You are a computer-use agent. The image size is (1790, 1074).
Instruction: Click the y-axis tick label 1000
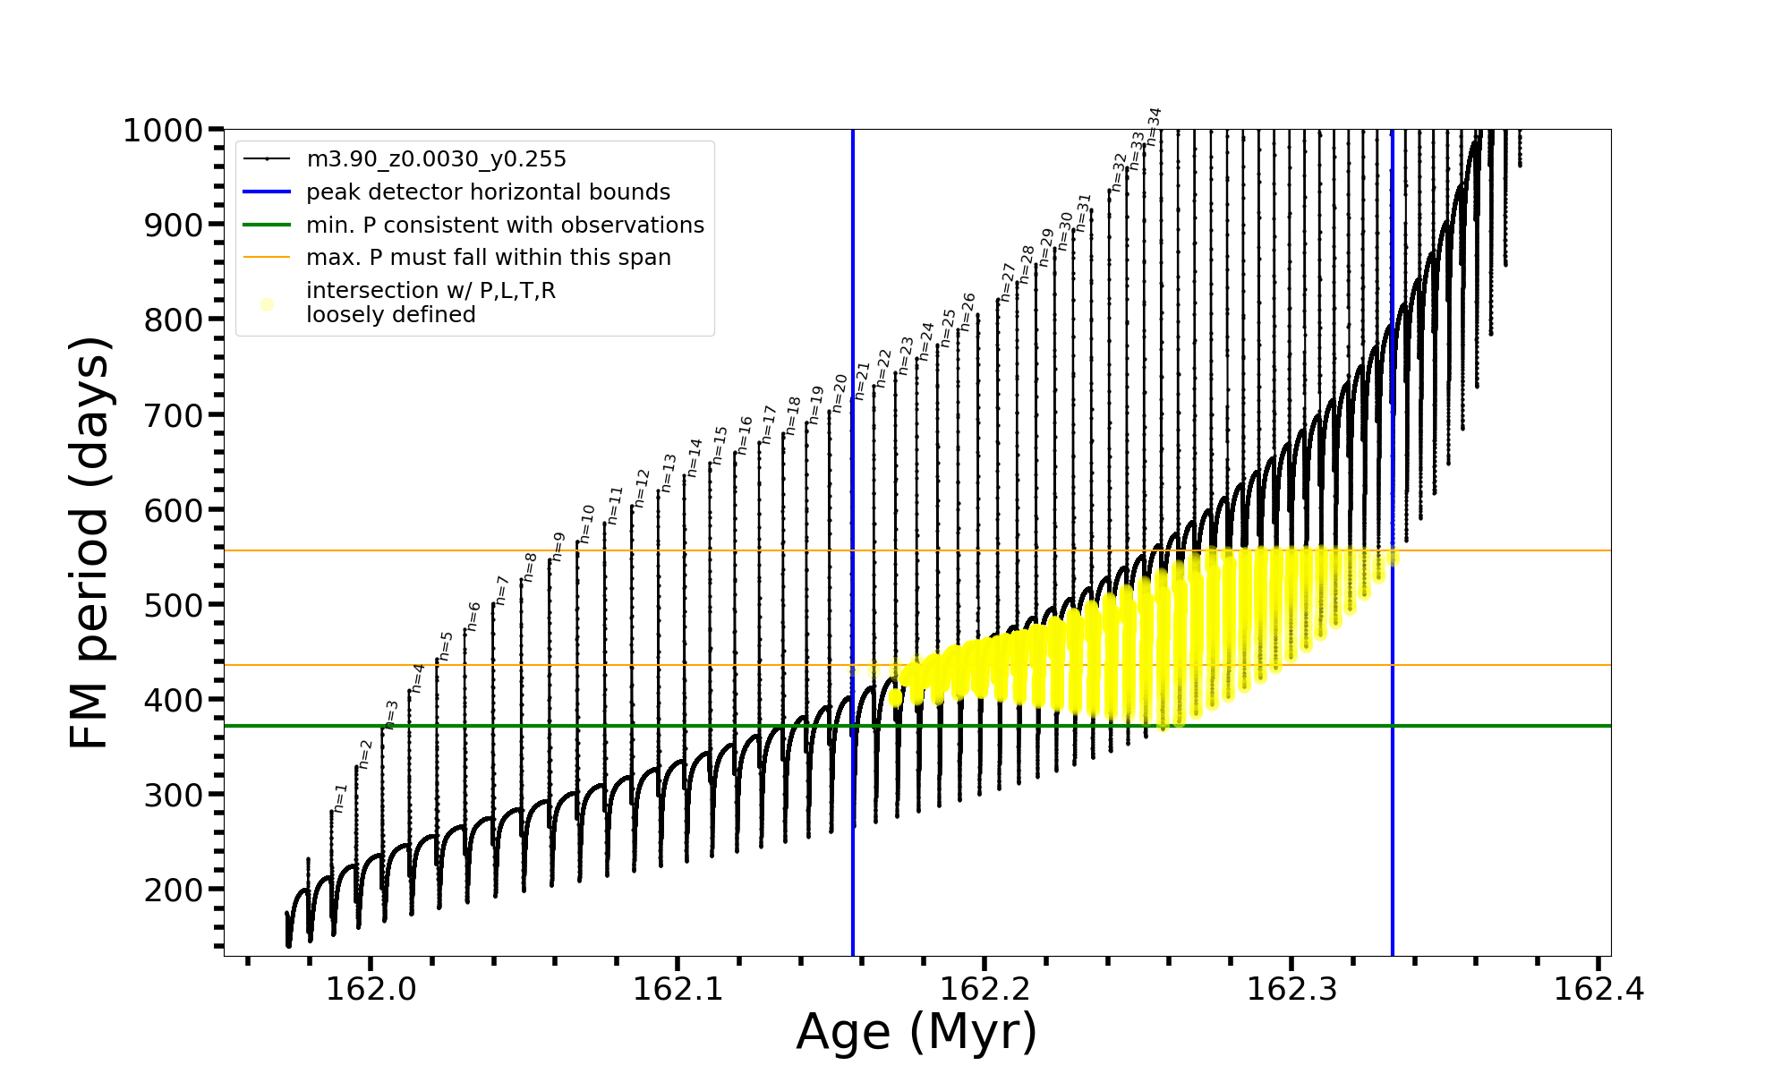point(163,131)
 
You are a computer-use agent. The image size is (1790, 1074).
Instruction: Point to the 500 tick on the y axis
point(174,605)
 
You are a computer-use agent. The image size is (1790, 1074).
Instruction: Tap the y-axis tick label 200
point(174,890)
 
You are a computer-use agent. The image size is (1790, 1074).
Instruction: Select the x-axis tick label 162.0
point(371,989)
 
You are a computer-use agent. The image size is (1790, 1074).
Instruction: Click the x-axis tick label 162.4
point(1598,989)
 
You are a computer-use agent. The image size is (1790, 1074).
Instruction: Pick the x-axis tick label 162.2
point(984,989)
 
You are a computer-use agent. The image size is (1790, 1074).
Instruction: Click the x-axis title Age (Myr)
point(916,1032)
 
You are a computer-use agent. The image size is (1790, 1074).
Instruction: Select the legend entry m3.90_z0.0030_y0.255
point(436,159)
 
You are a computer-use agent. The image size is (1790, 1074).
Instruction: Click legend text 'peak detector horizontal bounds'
point(488,192)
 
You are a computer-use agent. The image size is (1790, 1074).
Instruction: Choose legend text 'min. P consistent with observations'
point(505,225)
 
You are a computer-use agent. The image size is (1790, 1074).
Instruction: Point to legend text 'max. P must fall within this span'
point(488,258)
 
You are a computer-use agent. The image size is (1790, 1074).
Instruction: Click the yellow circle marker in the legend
point(267,304)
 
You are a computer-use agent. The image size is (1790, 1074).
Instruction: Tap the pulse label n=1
point(339,797)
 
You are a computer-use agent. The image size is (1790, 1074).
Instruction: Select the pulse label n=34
point(1154,126)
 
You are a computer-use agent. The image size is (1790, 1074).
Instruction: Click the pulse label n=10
point(586,524)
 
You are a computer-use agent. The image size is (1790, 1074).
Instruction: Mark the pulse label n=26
point(967,311)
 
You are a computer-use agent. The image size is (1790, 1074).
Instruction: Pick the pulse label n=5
point(446,646)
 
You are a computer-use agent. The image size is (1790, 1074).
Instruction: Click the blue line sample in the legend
point(267,192)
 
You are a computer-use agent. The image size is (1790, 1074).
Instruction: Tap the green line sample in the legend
point(267,225)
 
